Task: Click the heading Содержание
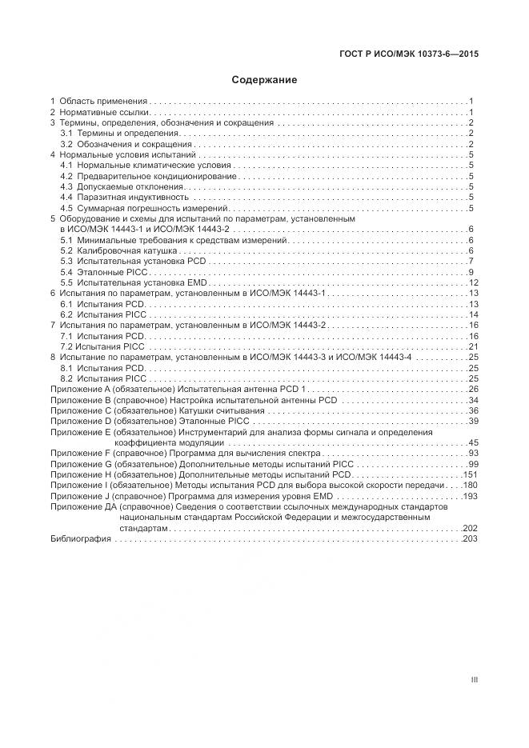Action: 264,80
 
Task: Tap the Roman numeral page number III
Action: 474,680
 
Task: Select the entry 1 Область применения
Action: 98,102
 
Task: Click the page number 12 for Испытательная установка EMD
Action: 472,283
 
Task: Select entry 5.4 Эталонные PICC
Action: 102,273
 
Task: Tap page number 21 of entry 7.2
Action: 472,346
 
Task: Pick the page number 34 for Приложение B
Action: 472,400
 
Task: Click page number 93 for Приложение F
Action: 472,453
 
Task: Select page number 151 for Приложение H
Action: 470,474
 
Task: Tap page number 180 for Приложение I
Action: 470,486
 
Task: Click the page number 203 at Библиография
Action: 470,540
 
